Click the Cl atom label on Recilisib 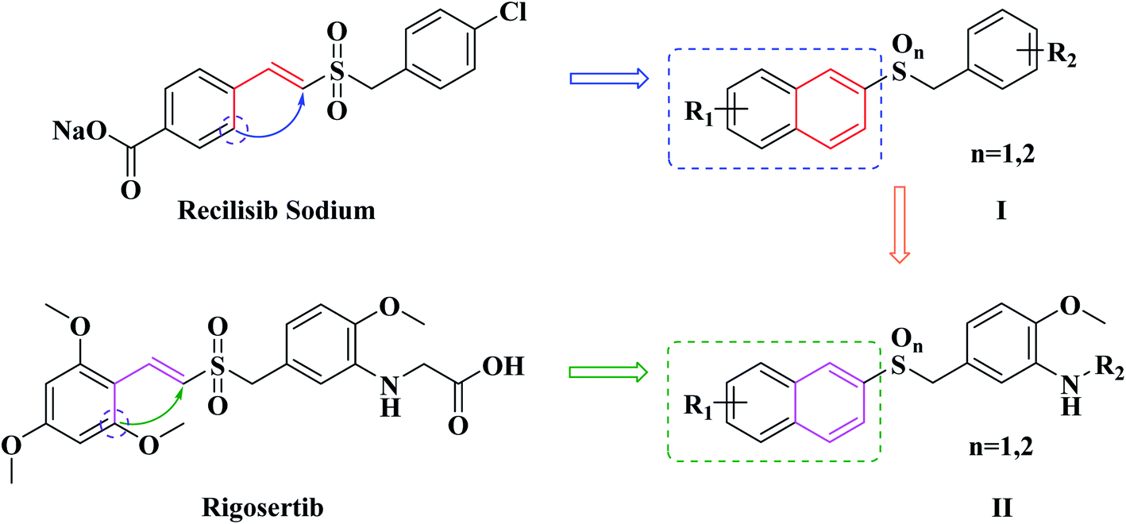[513, 12]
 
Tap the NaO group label [80, 131]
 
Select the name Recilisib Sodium [276, 210]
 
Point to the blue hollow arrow [609, 79]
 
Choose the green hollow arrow [608, 372]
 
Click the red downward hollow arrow [900, 225]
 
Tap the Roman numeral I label [1001, 211]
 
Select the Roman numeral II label [1001, 508]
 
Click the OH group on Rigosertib [503, 366]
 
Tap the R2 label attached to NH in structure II [1109, 368]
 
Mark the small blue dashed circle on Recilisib [233, 129]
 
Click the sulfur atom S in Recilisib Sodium [337, 71]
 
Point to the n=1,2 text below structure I [1003, 154]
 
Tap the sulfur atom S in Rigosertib [218, 366]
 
